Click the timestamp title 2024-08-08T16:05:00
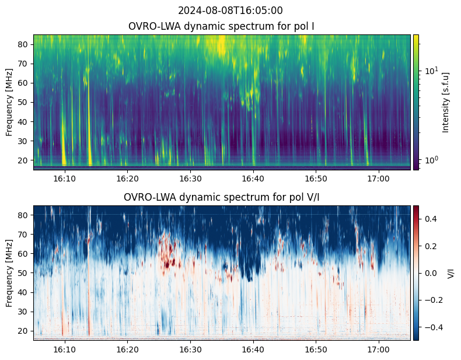(x=230, y=11)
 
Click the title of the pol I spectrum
(x=222, y=26)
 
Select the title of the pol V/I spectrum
(x=222, y=197)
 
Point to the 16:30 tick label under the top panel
(x=190, y=178)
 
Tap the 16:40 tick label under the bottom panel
(x=253, y=349)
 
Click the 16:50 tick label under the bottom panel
(x=316, y=349)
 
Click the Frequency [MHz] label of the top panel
(x=10, y=102)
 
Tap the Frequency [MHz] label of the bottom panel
(x=10, y=273)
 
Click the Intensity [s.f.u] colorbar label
(x=446, y=102)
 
